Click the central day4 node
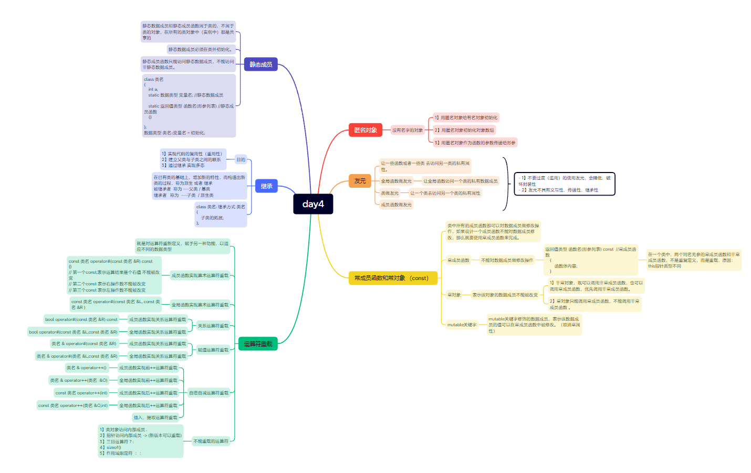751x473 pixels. click(313, 204)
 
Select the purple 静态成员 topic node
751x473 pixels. click(260, 64)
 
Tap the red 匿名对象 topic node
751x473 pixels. click(365, 130)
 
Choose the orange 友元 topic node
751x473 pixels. click(360, 181)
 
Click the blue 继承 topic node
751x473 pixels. click(266, 186)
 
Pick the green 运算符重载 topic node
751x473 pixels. click(258, 344)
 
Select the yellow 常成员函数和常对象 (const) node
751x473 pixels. click(392, 278)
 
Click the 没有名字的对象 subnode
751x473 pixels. click(408, 130)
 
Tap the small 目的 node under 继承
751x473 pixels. click(241, 159)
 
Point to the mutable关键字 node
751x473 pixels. click(462, 325)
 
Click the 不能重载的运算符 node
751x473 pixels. click(211, 441)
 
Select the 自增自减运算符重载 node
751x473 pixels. click(208, 393)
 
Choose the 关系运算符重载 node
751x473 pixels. click(213, 326)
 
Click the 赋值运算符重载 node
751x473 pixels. click(213, 350)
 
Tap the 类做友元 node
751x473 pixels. click(390, 193)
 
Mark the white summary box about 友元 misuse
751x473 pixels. click(564, 184)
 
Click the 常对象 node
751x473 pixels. click(454, 295)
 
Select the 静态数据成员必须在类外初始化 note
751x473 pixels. click(200, 49)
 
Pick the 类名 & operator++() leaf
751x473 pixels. click(86, 368)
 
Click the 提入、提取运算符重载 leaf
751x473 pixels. click(155, 417)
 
